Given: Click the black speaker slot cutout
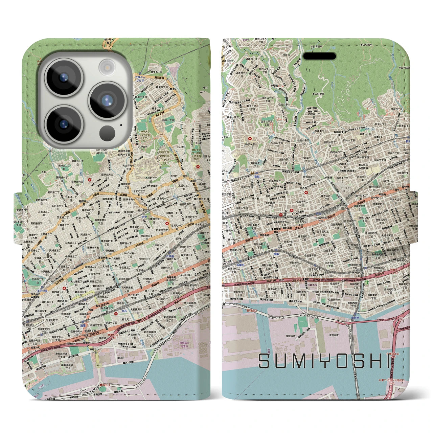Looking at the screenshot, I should [319, 56].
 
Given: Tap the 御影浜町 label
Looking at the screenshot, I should [291, 336].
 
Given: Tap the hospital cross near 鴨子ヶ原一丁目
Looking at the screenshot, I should [250, 138].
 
